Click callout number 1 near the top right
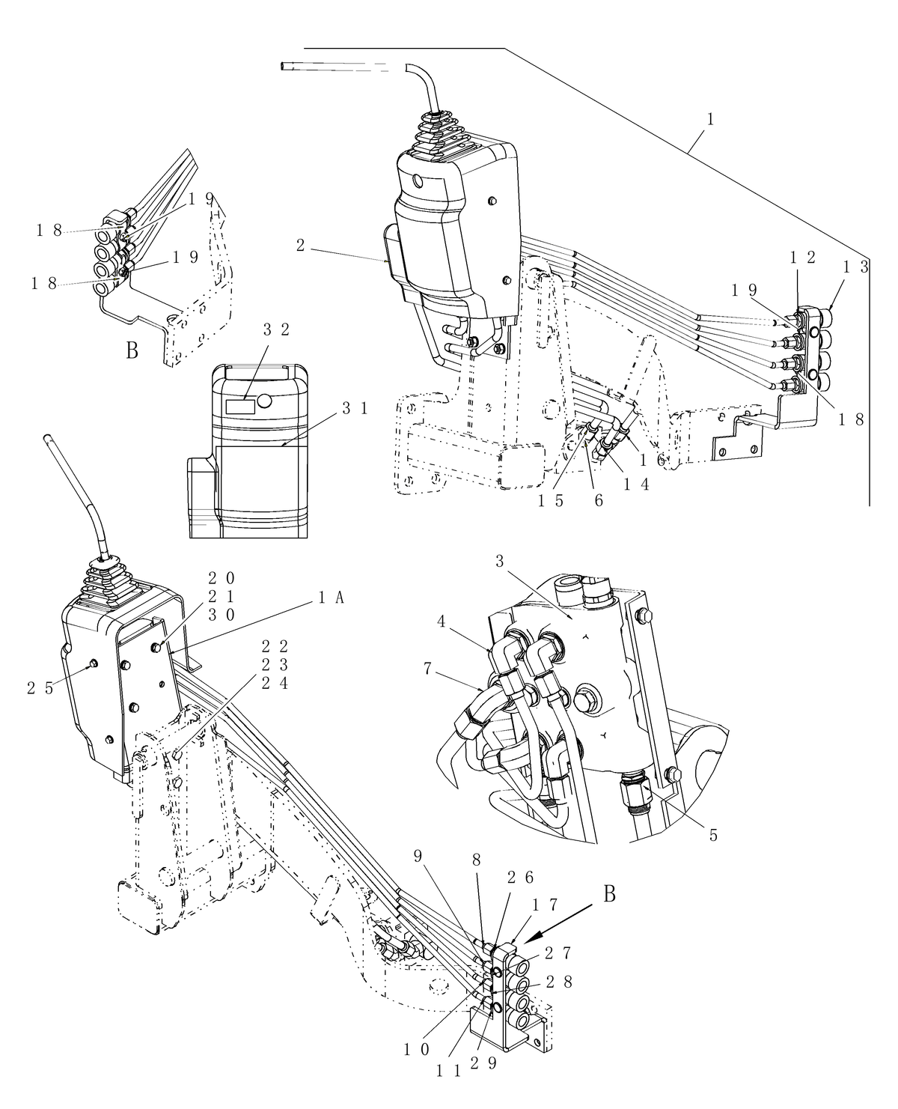click(x=710, y=120)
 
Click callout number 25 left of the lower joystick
click(x=40, y=687)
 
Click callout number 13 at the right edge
click(x=863, y=266)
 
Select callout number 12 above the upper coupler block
click(x=801, y=258)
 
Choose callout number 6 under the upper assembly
click(x=598, y=501)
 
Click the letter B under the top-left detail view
click(x=132, y=350)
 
